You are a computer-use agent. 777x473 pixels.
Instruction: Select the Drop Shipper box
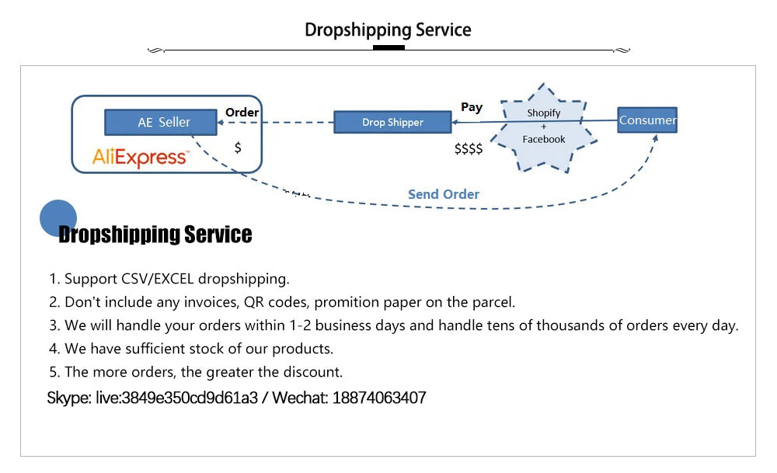(392, 122)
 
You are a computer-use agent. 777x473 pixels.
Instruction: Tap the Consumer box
(647, 120)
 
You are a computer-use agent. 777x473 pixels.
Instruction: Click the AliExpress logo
(140, 158)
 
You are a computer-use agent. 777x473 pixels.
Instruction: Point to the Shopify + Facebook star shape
(544, 127)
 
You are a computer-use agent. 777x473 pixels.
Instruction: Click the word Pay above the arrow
(472, 107)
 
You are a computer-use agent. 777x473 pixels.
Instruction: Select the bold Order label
(242, 112)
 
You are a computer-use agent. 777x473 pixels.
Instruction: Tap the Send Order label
(444, 194)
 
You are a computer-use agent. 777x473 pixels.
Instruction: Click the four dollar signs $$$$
(469, 148)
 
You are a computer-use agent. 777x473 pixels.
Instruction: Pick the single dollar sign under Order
(238, 147)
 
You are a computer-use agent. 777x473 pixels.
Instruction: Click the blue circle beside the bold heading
(58, 217)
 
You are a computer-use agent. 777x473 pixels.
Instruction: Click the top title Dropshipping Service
(388, 30)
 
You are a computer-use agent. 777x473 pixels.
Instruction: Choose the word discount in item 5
(313, 372)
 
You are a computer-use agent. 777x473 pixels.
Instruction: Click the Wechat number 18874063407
(379, 398)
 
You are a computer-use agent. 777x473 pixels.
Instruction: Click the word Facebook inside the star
(544, 139)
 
